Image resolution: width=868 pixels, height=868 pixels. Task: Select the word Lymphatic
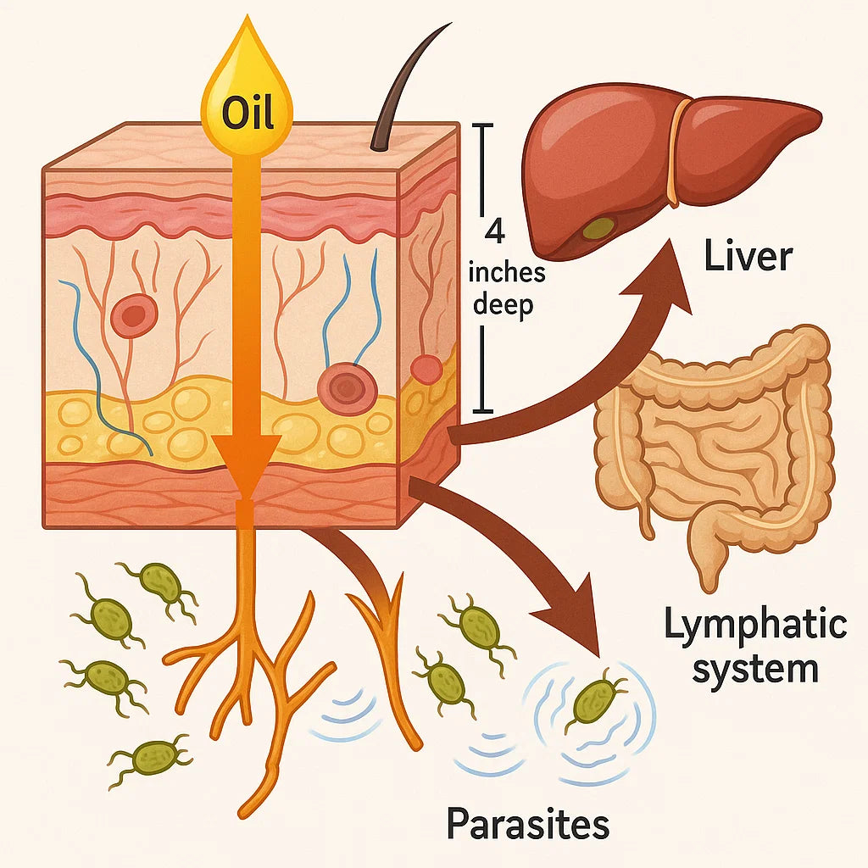tap(754, 626)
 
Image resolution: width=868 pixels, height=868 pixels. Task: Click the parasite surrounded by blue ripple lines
tap(596, 700)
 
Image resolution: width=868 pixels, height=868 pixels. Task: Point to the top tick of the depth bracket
tap(481, 125)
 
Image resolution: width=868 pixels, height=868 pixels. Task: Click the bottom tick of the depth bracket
tap(481, 412)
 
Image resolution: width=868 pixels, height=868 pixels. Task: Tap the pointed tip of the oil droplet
tap(246, 17)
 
